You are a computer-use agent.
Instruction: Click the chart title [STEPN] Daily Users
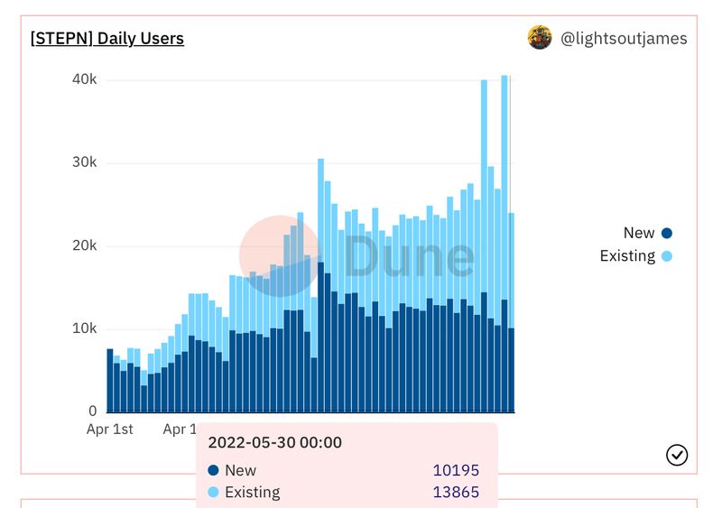(x=107, y=39)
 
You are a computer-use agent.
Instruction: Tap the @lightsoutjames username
(x=624, y=39)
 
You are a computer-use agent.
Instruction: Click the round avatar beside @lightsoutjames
(x=540, y=38)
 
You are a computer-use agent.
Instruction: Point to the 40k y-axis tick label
(x=85, y=80)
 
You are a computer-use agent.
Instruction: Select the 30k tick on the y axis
(x=85, y=163)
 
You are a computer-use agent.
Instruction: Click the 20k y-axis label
(x=85, y=246)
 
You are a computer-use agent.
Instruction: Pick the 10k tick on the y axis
(x=85, y=328)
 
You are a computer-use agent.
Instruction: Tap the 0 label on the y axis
(x=92, y=411)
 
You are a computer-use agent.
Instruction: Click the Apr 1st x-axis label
(x=109, y=429)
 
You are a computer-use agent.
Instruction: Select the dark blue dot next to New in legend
(x=667, y=233)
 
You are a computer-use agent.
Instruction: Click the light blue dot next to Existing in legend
(x=667, y=256)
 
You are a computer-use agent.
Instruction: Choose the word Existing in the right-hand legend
(x=627, y=256)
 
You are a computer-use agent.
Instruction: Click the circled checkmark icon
(x=677, y=455)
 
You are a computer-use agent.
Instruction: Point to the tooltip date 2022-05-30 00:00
(x=274, y=443)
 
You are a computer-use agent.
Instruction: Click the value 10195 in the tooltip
(x=456, y=470)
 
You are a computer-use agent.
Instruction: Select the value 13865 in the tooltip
(x=456, y=493)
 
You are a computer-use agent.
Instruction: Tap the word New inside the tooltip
(x=240, y=470)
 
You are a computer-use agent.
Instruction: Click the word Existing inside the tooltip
(x=252, y=493)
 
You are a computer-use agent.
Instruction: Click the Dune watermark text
(x=409, y=256)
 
